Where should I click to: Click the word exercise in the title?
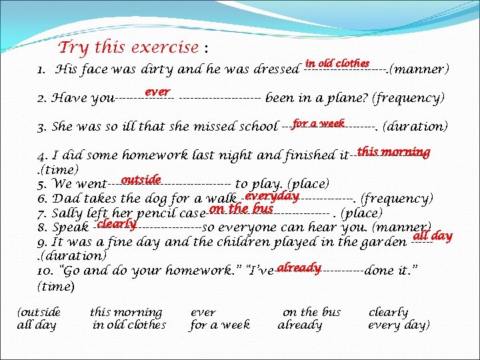tap(165, 48)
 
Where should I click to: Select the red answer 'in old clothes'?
tap(337, 63)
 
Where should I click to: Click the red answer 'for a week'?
tap(318, 123)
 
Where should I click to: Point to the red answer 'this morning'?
tap(393, 151)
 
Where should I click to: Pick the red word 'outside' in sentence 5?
tap(141, 179)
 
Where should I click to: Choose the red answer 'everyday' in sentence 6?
tap(271, 195)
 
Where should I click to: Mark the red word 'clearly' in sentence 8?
tap(117, 224)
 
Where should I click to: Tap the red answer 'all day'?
tap(433, 235)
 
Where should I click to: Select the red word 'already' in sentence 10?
tap(299, 267)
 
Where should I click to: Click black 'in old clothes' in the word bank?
tap(129, 325)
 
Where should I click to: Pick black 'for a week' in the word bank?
tap(220, 325)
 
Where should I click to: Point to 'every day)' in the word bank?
tap(399, 325)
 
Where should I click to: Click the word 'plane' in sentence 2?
tap(347, 99)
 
